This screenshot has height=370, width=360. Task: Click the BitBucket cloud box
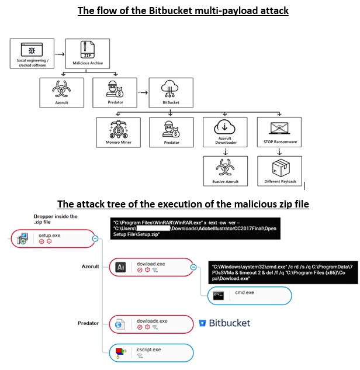click(x=170, y=92)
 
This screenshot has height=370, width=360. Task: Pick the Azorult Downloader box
click(x=225, y=132)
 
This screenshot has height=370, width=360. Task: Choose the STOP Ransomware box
click(x=279, y=132)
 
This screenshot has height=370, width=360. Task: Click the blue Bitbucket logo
click(x=225, y=323)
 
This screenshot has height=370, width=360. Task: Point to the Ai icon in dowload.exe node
click(x=121, y=267)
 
